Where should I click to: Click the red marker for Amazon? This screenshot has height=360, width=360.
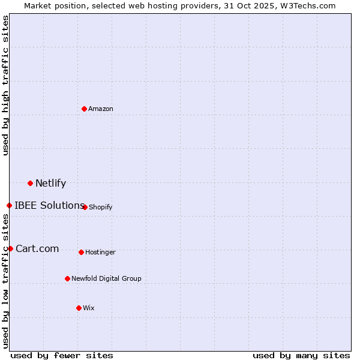click(x=84, y=109)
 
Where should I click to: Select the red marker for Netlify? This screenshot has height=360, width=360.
click(x=30, y=183)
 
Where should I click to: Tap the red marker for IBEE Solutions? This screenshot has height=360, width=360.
click(x=9, y=206)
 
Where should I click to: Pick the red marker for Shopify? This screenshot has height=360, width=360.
click(x=85, y=207)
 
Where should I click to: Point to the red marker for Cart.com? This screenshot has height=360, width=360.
click(x=10, y=248)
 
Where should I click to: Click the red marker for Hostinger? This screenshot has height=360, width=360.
click(x=81, y=252)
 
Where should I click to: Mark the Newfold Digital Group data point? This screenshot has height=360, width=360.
click(x=67, y=278)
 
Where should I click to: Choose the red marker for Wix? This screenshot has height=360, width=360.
click(x=79, y=308)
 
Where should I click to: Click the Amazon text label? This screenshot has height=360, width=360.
click(x=101, y=109)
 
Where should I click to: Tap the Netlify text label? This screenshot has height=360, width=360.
click(x=50, y=184)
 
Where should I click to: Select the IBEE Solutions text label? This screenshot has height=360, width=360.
click(x=49, y=206)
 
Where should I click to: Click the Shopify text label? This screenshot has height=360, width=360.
click(x=100, y=208)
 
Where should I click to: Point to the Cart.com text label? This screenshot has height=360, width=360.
click(x=37, y=249)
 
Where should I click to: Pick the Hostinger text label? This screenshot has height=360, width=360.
click(x=100, y=253)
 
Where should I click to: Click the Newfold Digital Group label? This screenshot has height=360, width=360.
click(x=106, y=278)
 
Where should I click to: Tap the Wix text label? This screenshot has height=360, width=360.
click(x=89, y=308)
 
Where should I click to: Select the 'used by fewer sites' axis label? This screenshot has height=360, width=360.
click(x=62, y=355)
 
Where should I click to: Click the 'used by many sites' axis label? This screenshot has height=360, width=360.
click(x=301, y=355)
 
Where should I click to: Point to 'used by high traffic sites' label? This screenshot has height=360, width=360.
click(x=5, y=85)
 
